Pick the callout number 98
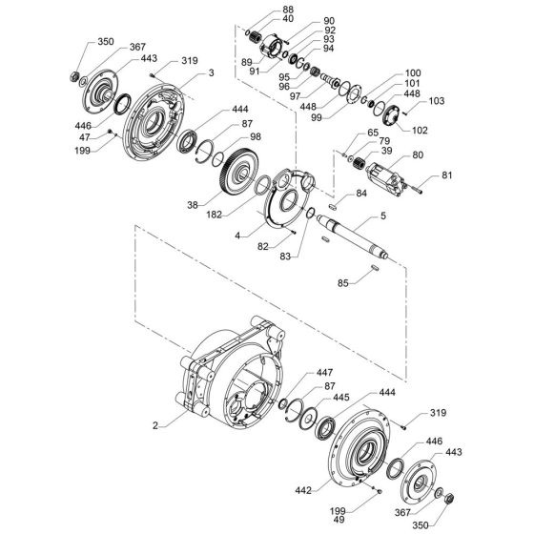coord(255,137)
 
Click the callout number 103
coord(438,100)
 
